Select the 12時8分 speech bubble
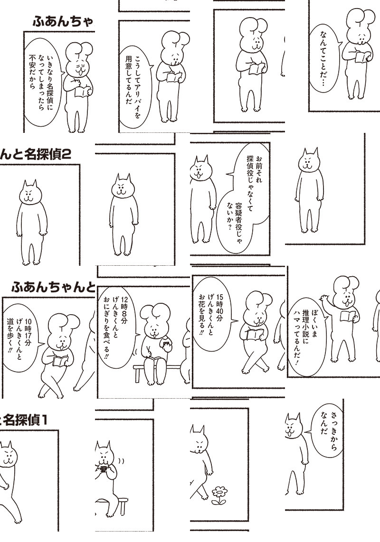tap(118, 327)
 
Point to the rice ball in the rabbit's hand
tap(166, 344)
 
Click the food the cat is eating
tap(103, 469)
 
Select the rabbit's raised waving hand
tap(324, 298)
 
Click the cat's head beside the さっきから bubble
tap(294, 426)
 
